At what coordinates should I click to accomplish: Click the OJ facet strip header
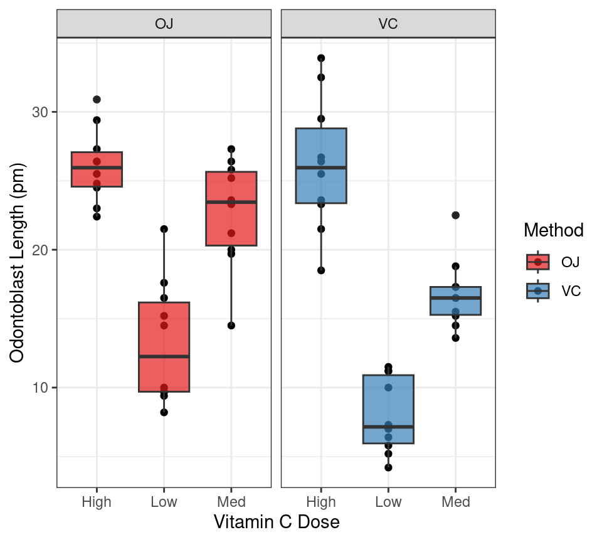pyautogui.click(x=164, y=24)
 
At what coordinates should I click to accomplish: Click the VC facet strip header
pyautogui.click(x=388, y=24)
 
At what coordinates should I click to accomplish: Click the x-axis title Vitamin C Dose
pyautogui.click(x=277, y=522)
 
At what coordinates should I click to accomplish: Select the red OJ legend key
pyautogui.click(x=537, y=262)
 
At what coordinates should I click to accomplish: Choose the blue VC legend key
pyautogui.click(x=537, y=291)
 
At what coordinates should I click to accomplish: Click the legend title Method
pyautogui.click(x=554, y=230)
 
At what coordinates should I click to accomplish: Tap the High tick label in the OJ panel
pyautogui.click(x=97, y=502)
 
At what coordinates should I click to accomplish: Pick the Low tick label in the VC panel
pyautogui.click(x=388, y=502)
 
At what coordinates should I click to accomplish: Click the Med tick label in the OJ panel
pyautogui.click(x=231, y=502)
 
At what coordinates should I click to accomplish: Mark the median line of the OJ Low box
pyautogui.click(x=164, y=356)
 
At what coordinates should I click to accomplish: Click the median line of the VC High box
pyautogui.click(x=321, y=167)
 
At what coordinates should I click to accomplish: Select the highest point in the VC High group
pyautogui.click(x=321, y=58)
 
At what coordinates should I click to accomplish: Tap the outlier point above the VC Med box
pyautogui.click(x=455, y=215)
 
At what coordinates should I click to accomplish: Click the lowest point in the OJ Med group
pyautogui.click(x=231, y=326)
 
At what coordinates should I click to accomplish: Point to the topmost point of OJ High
pyautogui.click(x=97, y=100)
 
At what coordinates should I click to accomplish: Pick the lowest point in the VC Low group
pyautogui.click(x=388, y=467)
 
